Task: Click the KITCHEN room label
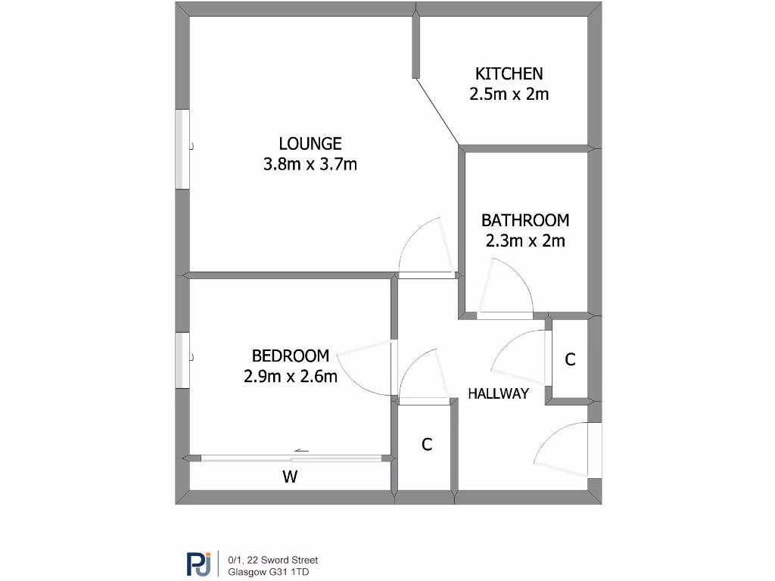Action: tap(509, 73)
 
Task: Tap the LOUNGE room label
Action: tap(310, 143)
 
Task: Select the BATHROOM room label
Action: tap(525, 220)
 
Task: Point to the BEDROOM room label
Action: tap(291, 356)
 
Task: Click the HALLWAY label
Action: tap(497, 393)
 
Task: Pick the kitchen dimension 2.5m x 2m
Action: tap(509, 95)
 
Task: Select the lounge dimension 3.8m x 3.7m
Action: tap(310, 164)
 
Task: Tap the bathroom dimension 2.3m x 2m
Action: tap(525, 241)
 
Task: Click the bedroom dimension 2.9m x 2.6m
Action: tap(291, 376)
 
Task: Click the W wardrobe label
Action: tap(289, 477)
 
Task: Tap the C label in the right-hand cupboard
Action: tap(571, 360)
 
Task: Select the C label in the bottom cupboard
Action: tap(427, 445)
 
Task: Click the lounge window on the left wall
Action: tap(182, 149)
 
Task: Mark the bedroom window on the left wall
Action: tap(182, 361)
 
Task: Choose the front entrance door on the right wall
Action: tap(593, 451)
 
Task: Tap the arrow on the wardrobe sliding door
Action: tap(301, 451)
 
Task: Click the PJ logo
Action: tap(199, 564)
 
